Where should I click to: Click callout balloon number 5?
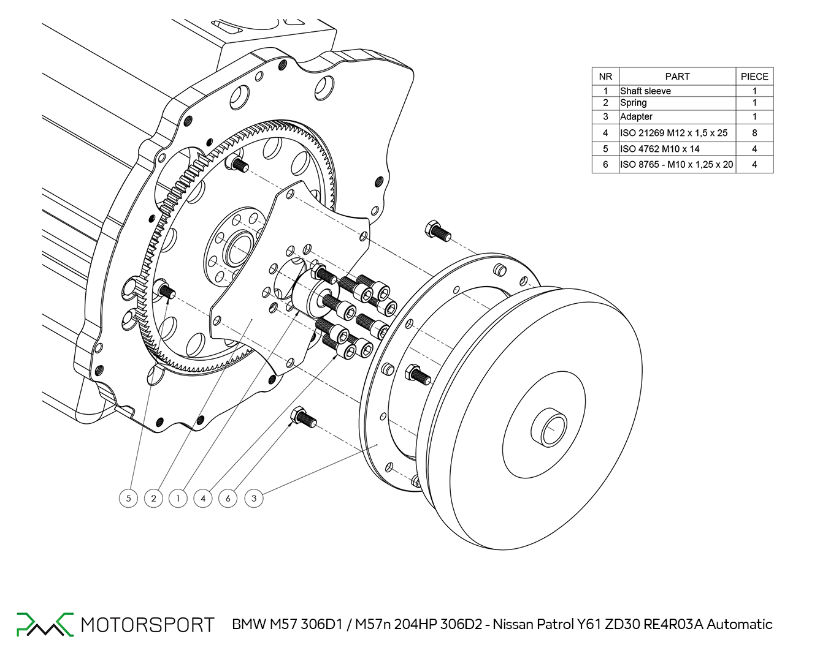point(128,498)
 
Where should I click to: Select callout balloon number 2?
point(153,498)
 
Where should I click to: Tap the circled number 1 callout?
point(178,498)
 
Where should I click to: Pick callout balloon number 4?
point(203,498)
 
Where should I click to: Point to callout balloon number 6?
point(228,498)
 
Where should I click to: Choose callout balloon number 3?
point(254,498)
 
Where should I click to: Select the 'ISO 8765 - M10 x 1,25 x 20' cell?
point(676,164)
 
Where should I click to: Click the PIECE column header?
point(754,77)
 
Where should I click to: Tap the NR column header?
point(605,77)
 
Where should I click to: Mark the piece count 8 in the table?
point(754,132)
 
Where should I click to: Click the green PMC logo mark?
point(45,624)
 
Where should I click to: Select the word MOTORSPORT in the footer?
point(147,625)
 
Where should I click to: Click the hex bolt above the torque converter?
point(437,230)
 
